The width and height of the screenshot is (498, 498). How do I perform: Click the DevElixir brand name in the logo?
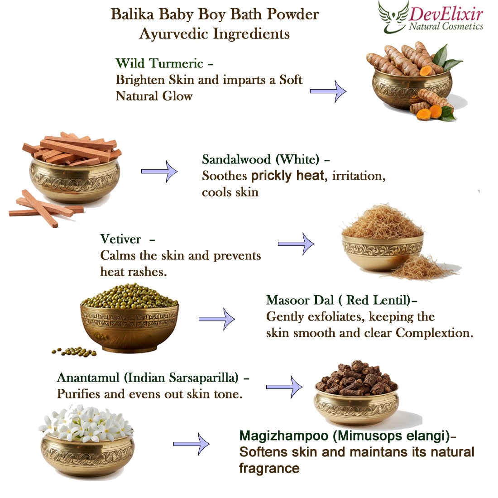click(446, 14)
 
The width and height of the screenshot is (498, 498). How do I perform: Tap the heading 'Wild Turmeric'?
click(159, 63)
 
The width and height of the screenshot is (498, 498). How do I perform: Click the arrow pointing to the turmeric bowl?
click(328, 91)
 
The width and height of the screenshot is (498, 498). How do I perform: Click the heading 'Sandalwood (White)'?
click(260, 159)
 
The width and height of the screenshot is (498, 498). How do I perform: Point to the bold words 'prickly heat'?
click(287, 175)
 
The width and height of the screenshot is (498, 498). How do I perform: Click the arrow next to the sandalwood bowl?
click(159, 172)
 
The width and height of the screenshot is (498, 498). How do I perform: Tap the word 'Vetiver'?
click(121, 239)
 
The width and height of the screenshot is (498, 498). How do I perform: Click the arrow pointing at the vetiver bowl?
click(296, 244)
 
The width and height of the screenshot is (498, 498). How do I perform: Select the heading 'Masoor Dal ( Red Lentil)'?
click(338, 300)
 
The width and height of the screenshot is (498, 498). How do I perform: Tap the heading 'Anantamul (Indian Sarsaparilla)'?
click(148, 378)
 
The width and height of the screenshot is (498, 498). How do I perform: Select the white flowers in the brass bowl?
click(86, 423)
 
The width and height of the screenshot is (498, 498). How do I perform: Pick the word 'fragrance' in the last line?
click(269, 468)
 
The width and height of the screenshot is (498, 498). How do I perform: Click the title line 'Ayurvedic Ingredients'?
click(215, 34)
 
